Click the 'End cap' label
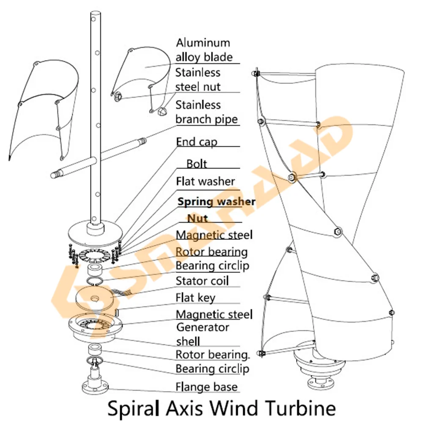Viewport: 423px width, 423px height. point(196,142)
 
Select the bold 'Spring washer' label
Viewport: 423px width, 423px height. point(216,201)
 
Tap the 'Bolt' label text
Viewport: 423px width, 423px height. point(197,164)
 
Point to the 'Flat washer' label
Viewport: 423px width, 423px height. point(205,181)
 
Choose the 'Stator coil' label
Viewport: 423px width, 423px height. point(202,280)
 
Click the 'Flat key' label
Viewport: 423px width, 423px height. point(195,297)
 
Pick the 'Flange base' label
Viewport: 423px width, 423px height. point(206,387)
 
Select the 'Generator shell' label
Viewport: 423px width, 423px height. point(203,334)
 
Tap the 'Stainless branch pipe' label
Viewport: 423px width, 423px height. point(206,112)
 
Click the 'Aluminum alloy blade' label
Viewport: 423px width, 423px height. point(204,49)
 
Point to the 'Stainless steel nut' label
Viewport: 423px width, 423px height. point(198,80)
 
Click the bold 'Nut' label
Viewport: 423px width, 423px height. point(198,218)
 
